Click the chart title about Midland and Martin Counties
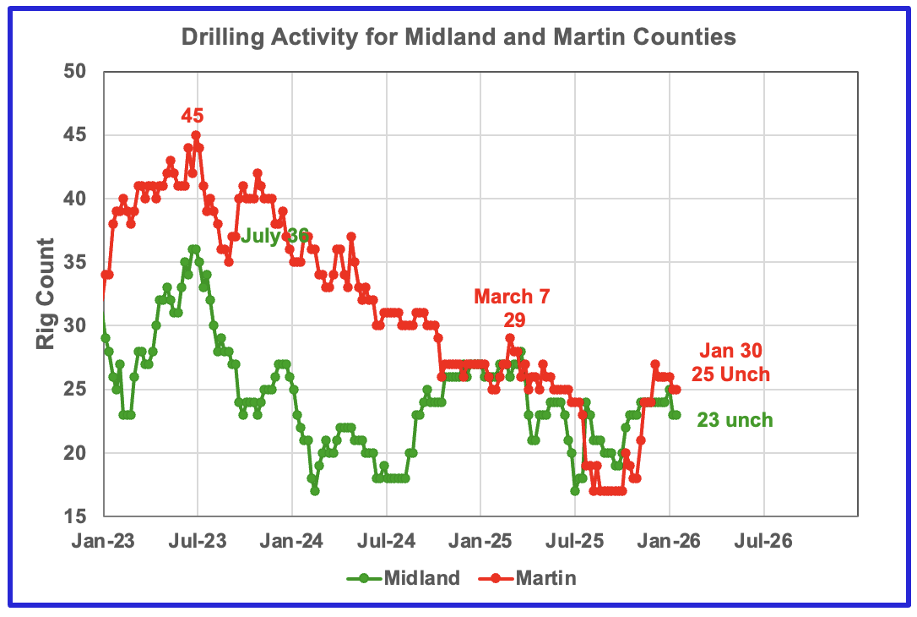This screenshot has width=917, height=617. [x=458, y=38]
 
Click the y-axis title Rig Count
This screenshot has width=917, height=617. [x=46, y=293]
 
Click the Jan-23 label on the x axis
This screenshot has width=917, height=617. [x=103, y=540]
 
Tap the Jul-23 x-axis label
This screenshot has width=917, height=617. [x=198, y=540]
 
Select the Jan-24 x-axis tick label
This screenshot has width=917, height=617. [x=292, y=540]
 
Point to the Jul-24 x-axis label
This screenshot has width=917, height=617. [x=387, y=540]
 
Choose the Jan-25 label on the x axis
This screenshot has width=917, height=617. [x=480, y=540]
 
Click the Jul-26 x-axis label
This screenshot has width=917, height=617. [x=764, y=540]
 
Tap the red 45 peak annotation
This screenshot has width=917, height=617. [x=193, y=116]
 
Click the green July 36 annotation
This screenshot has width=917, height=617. [x=275, y=237]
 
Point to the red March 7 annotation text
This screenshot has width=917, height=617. [x=515, y=297]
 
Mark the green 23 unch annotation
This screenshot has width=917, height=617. [x=735, y=420]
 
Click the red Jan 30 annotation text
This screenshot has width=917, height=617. [x=733, y=353]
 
